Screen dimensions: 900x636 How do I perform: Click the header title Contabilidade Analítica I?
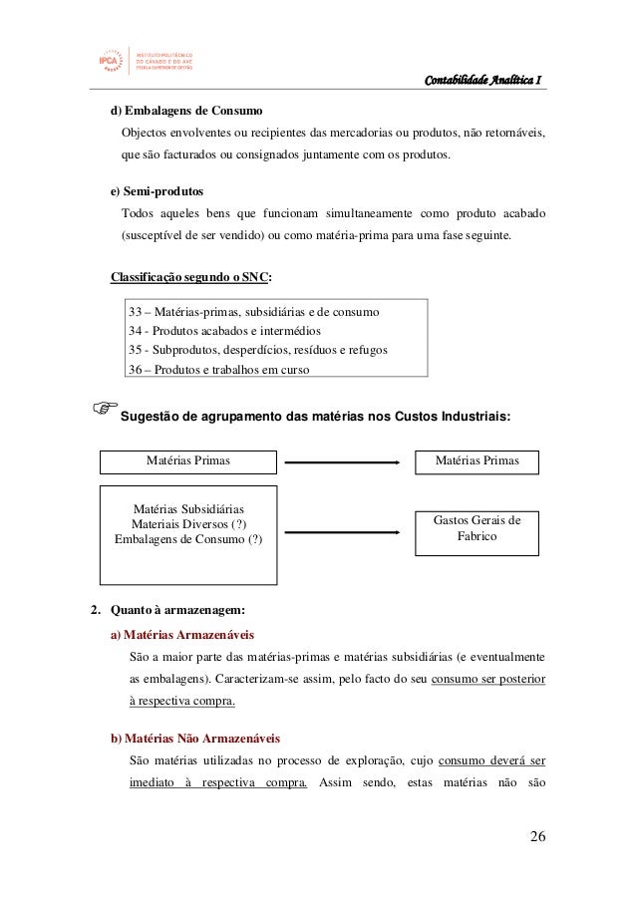point(483,81)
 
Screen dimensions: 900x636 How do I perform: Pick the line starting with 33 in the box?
point(253,312)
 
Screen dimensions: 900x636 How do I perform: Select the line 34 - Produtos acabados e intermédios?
point(231,331)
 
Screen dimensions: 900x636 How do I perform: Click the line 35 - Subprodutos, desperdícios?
point(257,350)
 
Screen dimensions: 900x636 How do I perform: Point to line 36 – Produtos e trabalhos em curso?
point(218,370)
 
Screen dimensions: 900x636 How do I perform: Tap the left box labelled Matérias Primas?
point(188,461)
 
